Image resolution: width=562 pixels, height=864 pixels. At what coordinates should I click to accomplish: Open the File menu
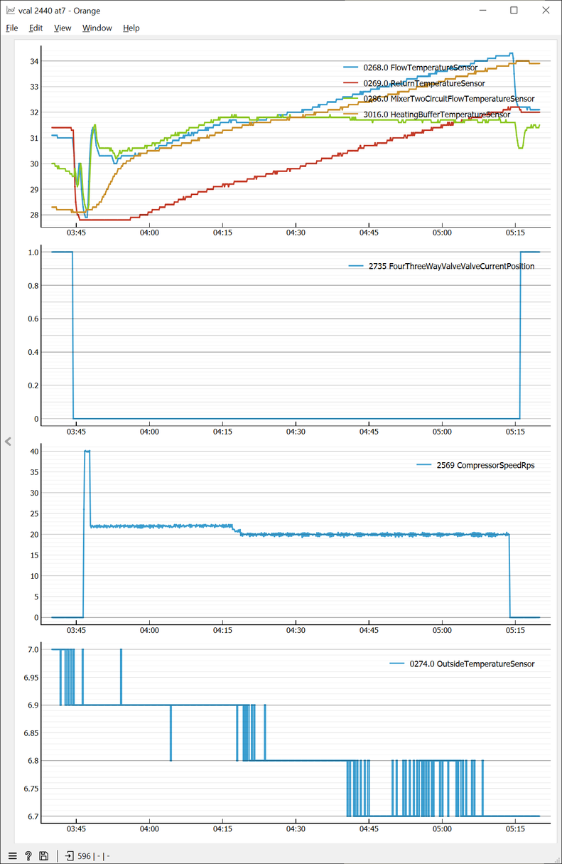click(x=12, y=28)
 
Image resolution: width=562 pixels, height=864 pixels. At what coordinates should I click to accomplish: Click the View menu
click(x=63, y=28)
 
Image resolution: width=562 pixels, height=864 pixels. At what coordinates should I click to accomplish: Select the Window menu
click(x=97, y=28)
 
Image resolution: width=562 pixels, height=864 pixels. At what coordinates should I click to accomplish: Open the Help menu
click(x=131, y=28)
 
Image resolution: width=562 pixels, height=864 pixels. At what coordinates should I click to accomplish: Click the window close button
click(x=545, y=11)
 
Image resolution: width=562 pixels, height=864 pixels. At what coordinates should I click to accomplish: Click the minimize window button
click(x=482, y=11)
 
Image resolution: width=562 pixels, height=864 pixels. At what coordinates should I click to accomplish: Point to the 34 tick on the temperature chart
click(x=34, y=61)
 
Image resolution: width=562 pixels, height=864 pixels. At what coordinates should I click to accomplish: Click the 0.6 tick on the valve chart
click(x=31, y=319)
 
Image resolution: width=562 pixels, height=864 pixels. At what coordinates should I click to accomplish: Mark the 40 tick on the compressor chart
click(x=34, y=451)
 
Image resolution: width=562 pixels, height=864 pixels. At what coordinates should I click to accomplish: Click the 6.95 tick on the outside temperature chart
click(x=30, y=677)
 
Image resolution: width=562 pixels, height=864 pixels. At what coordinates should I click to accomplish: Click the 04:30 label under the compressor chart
click(x=296, y=630)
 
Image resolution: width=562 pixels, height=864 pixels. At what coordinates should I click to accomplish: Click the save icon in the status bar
click(x=44, y=856)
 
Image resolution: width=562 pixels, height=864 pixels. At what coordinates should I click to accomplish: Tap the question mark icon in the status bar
click(x=28, y=856)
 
